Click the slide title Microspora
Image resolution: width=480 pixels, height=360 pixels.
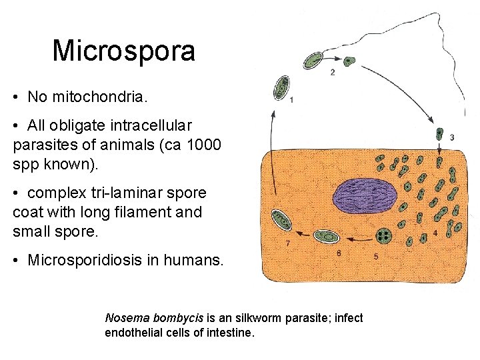[x=123, y=51]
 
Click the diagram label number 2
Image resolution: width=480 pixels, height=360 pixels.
[x=333, y=72]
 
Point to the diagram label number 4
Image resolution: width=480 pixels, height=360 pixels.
[x=435, y=233]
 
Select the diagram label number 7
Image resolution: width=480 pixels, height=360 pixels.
[x=287, y=244]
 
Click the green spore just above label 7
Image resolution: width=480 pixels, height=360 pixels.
[x=280, y=220]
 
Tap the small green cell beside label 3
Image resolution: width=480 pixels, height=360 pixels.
[x=439, y=134]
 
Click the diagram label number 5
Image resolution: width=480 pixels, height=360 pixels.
[x=376, y=255]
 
